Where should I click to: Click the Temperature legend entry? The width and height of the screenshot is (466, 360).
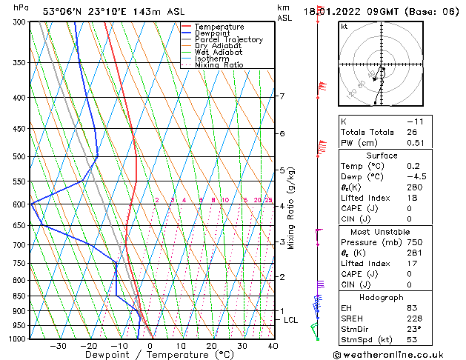(219, 27)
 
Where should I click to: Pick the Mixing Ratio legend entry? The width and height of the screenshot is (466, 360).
(219, 65)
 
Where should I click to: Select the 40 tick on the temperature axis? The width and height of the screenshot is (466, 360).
(273, 346)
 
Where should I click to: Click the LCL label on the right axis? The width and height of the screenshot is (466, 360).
(290, 320)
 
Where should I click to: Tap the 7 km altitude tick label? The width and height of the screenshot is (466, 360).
(282, 96)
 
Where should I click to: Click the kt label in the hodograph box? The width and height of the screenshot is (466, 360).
(344, 26)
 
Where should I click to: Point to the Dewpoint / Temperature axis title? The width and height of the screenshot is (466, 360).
(160, 355)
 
